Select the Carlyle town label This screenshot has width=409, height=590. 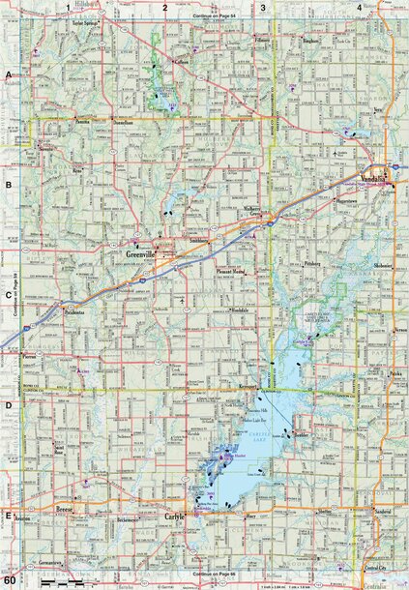173,516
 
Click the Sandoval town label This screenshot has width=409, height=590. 382,509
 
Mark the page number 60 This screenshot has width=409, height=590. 9,581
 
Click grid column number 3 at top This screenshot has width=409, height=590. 262,7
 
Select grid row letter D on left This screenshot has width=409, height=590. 8,406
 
